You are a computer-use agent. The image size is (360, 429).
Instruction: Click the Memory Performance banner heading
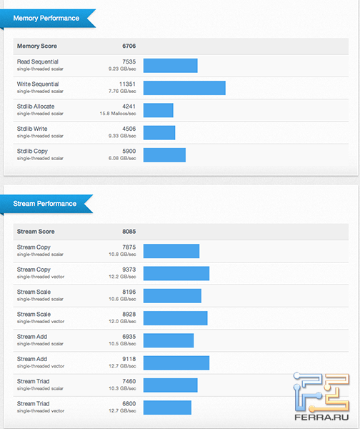point(46,18)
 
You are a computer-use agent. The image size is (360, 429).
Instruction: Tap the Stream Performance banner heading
point(45,204)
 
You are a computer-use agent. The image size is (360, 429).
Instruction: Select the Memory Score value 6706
point(129,46)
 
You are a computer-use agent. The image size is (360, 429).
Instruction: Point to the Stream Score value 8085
point(129,232)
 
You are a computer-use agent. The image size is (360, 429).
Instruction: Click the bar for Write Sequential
point(184,88)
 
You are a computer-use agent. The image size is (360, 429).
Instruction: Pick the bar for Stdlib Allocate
point(159,110)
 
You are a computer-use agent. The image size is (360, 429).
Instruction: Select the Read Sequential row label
point(38,62)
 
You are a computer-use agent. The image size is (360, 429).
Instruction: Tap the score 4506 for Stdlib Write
point(129,129)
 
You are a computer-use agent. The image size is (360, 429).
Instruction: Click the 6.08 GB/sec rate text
point(120,159)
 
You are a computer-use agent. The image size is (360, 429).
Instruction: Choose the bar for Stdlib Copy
point(164,155)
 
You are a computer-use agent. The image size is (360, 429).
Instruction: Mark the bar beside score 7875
point(171,251)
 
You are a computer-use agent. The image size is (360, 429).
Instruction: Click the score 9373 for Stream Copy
point(129,270)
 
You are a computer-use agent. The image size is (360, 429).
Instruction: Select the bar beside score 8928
point(176,318)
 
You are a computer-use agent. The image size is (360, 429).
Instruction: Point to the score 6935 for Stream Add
point(129,336)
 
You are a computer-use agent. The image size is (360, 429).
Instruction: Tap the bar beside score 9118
point(176,363)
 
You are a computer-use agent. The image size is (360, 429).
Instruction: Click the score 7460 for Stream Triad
point(129,382)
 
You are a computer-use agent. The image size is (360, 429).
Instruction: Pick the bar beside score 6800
point(167,408)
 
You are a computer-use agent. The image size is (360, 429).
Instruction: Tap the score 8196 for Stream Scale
point(129,292)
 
